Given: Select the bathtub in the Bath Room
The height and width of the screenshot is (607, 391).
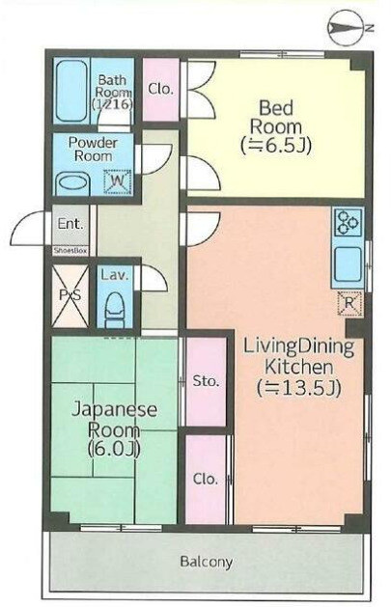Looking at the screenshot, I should pos(70,92).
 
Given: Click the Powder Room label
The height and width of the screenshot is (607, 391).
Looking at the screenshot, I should pos(93,148).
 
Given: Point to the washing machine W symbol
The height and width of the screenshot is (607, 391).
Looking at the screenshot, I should pos(117,179).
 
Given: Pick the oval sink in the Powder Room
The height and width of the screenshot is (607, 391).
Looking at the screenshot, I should pos(71,181).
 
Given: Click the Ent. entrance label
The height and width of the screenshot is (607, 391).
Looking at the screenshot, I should pos(70,225).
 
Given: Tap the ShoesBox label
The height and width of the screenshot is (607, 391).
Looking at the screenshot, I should pos(70,249).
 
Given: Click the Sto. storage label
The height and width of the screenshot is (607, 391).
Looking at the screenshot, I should pos(206,381).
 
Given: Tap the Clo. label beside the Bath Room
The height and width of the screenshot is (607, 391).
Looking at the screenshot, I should pos(161,89).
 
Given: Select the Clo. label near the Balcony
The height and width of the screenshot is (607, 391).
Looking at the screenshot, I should pos(205,479).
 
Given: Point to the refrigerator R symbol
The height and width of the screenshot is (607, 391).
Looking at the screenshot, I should pos(348,304).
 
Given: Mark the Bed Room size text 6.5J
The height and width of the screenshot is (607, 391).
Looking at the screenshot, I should pos(275,145).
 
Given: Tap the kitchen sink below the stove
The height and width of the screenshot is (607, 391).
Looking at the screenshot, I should pos(348,262).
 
